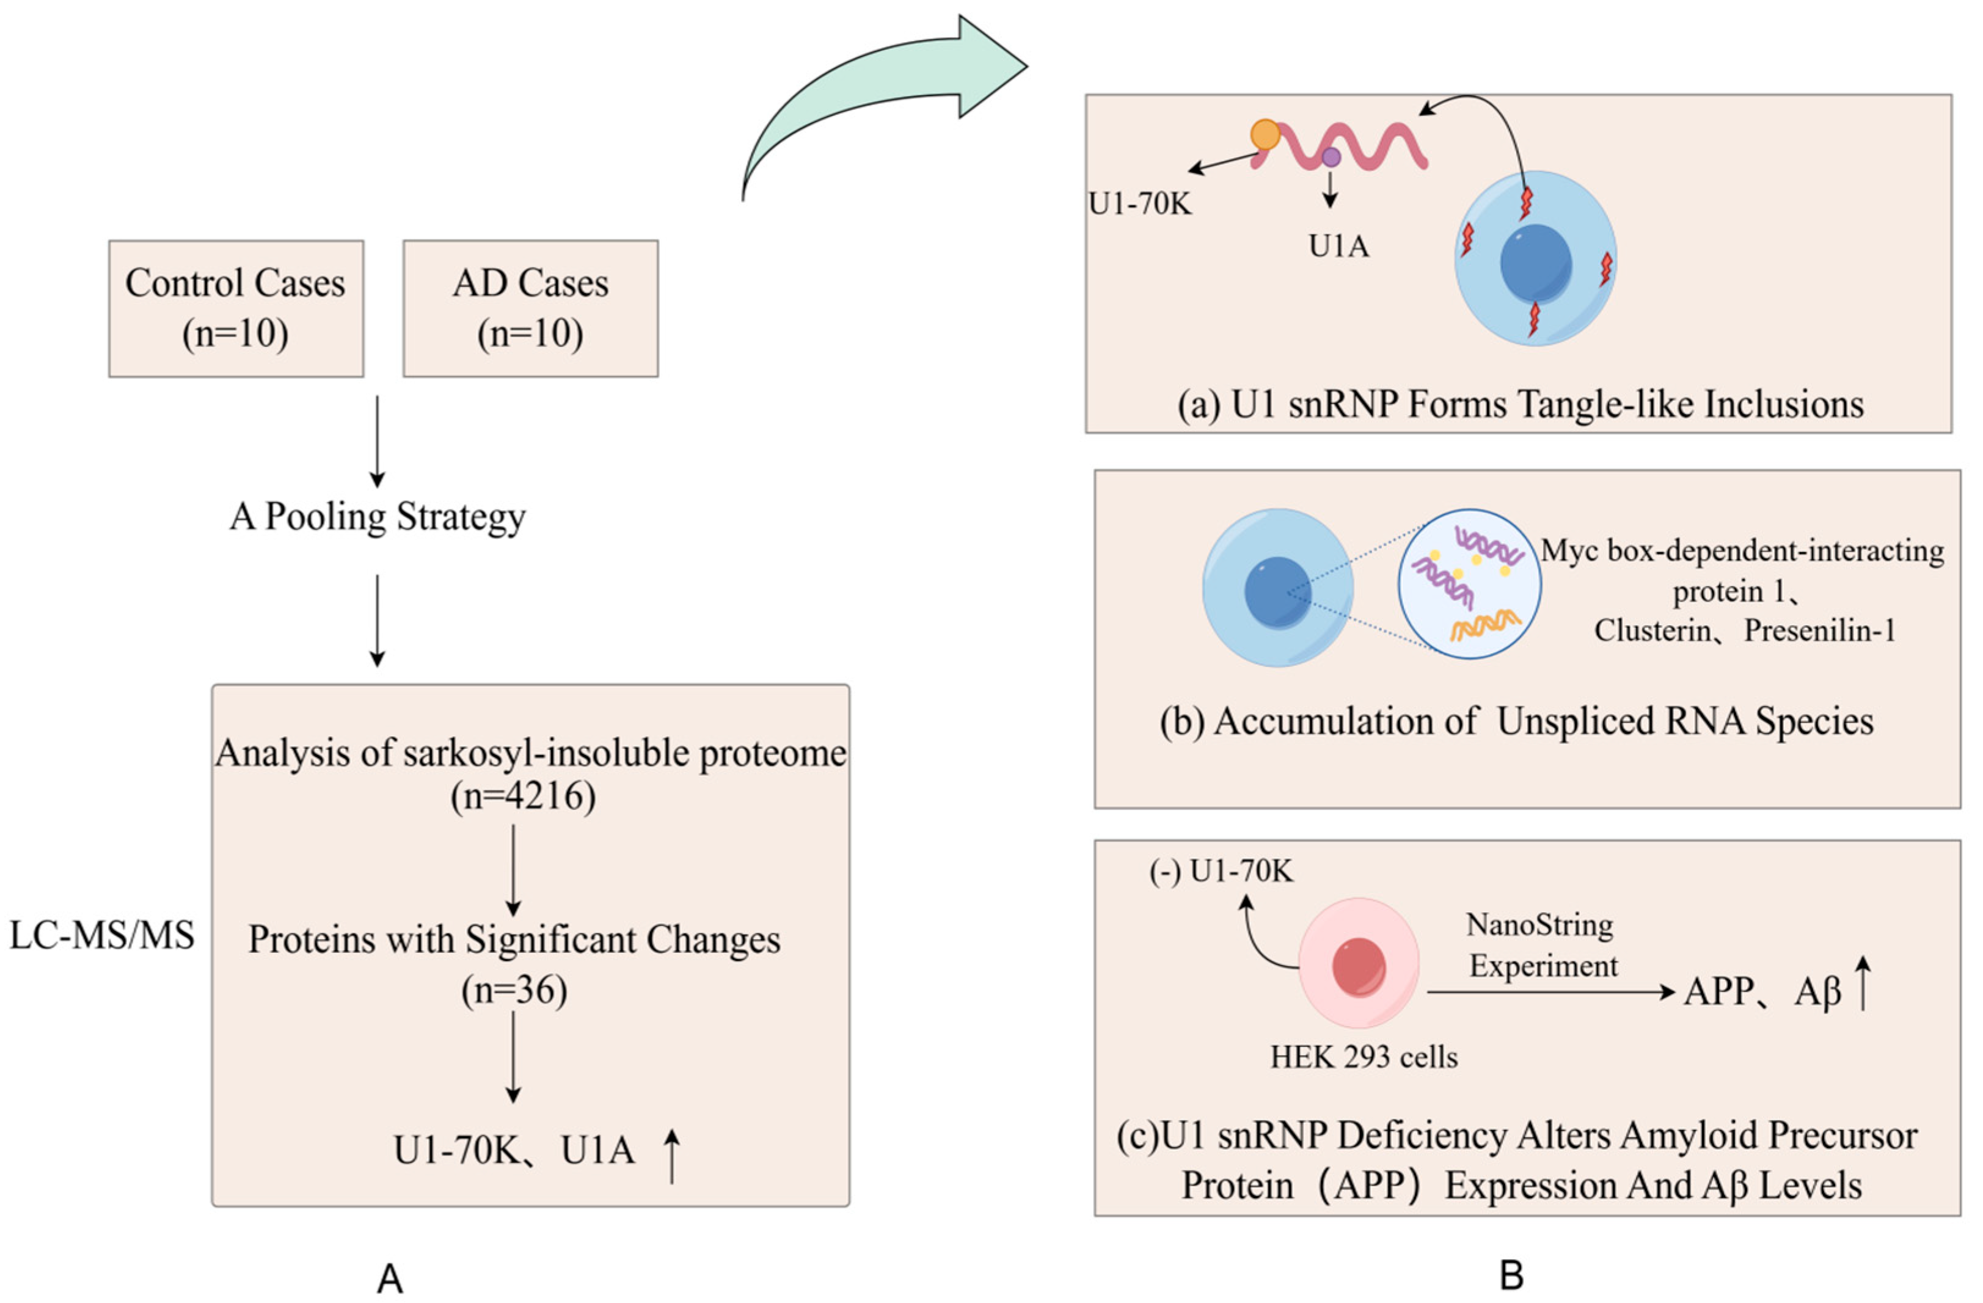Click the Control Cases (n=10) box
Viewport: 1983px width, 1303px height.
tap(236, 308)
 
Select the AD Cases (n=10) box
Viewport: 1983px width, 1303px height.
tap(531, 308)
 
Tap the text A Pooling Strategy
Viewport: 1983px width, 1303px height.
tap(378, 517)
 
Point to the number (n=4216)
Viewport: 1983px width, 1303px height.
tap(524, 797)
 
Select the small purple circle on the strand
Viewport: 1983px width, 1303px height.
tap(1331, 156)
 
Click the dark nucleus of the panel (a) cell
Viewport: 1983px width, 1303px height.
tap(1536, 263)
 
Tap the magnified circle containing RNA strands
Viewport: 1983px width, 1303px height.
tap(1469, 584)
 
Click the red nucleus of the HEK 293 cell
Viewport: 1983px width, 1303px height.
tap(1359, 967)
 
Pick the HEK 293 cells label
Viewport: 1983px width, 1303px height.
tap(1363, 1058)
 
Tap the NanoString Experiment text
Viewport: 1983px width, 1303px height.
tap(1543, 946)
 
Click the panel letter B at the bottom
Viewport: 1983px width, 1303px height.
tap(1511, 1276)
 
